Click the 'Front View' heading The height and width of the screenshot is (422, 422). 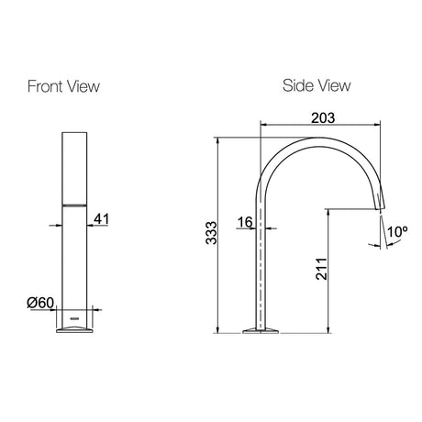[x=63, y=86]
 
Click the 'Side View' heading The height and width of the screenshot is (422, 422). [x=316, y=85]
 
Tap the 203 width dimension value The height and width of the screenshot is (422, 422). [x=323, y=117]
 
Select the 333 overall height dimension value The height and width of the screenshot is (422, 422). [x=211, y=233]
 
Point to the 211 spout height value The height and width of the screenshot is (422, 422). [x=321, y=269]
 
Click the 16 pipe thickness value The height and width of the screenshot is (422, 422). [x=245, y=222]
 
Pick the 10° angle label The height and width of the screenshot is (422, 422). [x=397, y=231]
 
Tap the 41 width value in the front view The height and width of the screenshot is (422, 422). [x=101, y=219]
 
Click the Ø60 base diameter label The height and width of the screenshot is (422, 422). [x=40, y=303]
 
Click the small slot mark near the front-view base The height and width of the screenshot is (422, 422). [x=74, y=318]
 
